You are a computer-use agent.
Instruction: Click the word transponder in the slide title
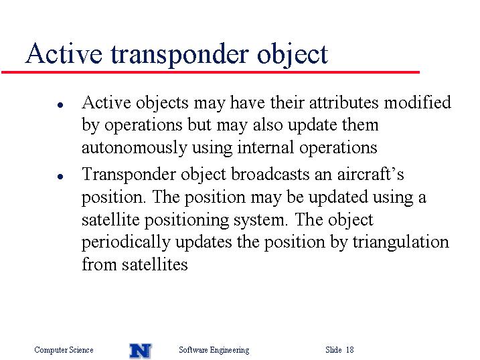[179, 54]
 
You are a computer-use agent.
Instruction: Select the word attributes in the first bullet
[344, 102]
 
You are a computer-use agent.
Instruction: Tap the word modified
[418, 102]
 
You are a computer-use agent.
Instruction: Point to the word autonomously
[134, 149]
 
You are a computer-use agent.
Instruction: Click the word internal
[265, 147]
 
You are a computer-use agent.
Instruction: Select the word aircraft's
[370, 174]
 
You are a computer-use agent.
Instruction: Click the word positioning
[186, 220]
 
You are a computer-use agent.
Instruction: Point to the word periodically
[126, 242]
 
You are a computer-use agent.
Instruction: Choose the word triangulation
[401, 242]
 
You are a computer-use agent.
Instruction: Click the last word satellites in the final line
[155, 264]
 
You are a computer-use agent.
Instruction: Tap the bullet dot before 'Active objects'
[60, 105]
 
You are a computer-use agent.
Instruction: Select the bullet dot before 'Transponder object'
[60, 177]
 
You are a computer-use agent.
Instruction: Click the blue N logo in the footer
[141, 351]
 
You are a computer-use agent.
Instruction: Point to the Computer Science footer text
[64, 350]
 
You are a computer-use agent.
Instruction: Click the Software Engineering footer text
[214, 350]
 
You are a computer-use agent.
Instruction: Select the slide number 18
[350, 349]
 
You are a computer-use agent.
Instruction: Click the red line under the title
[210, 72]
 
